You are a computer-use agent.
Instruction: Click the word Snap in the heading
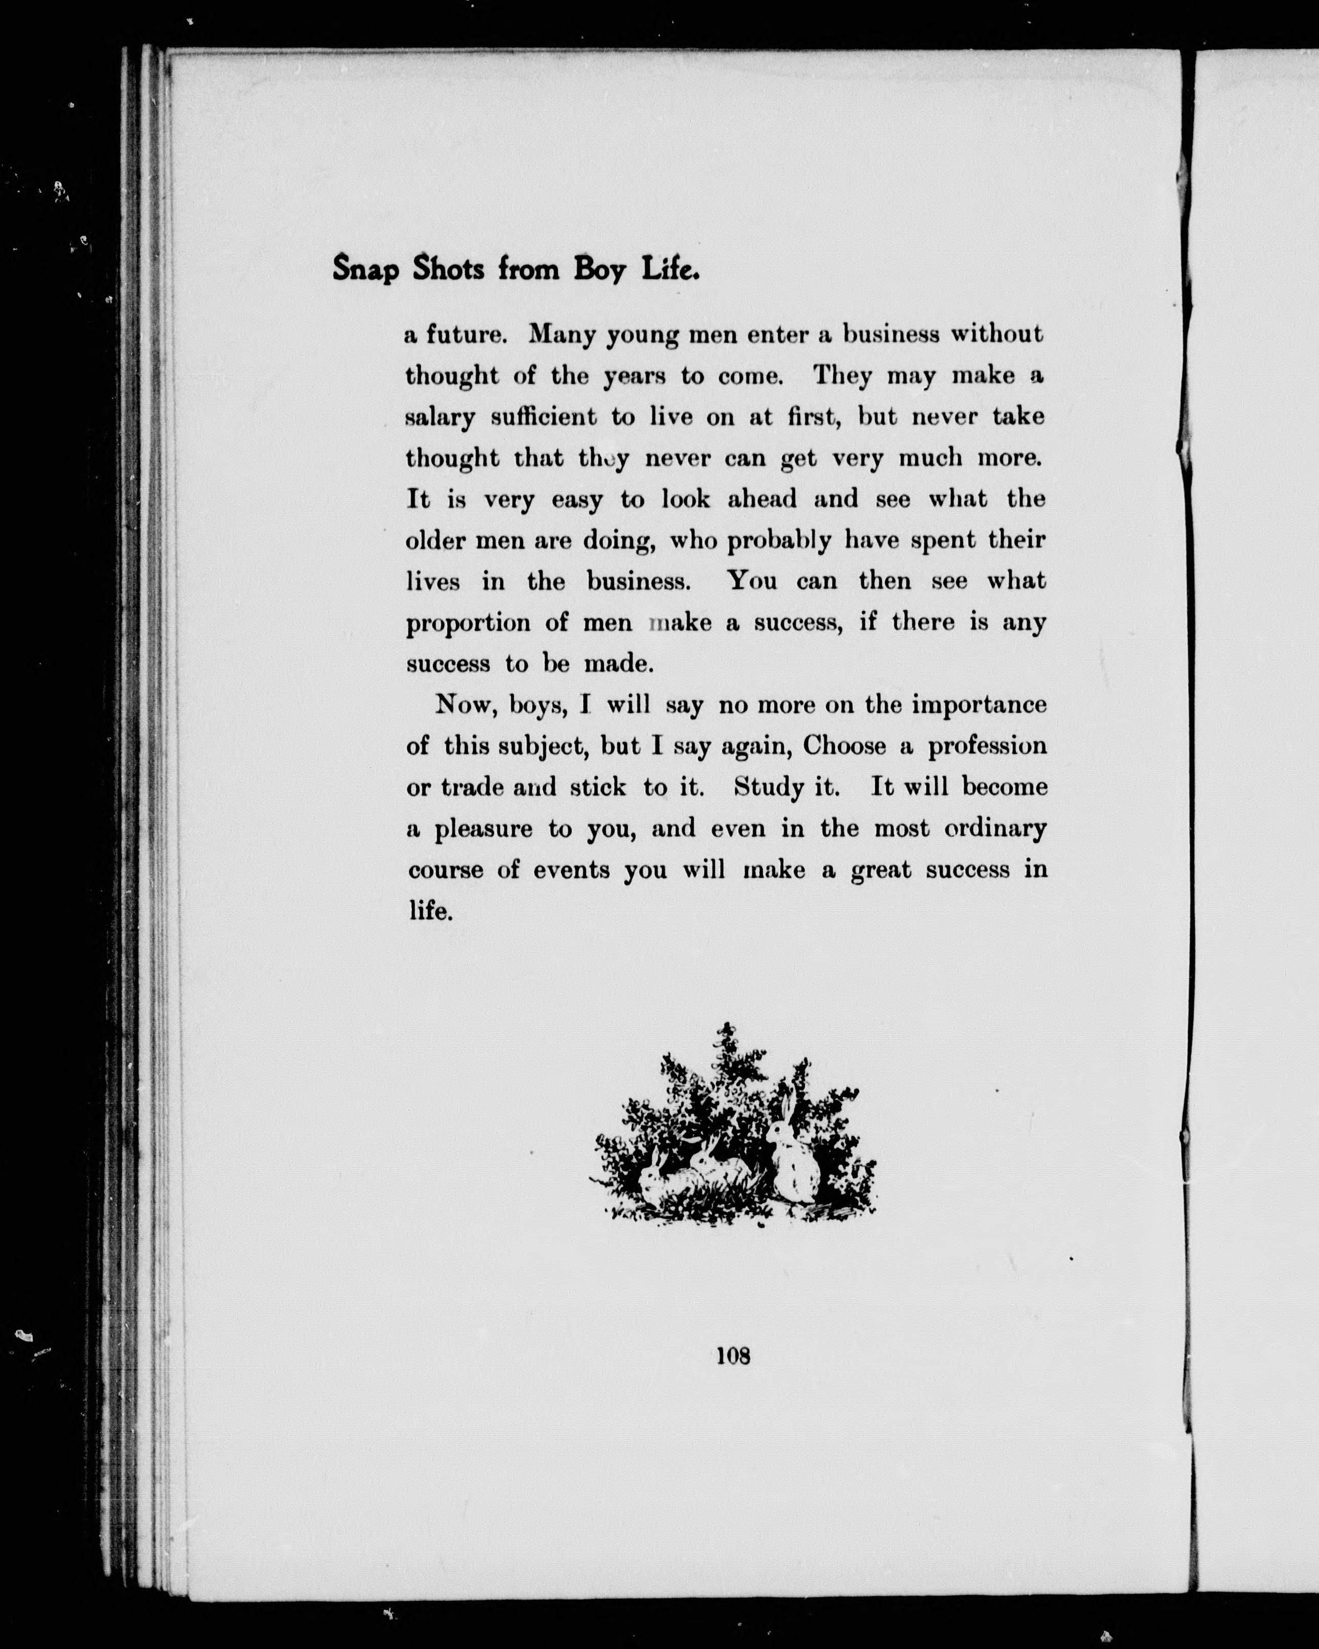366,271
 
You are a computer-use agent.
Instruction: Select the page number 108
733,1355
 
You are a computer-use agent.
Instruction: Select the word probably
779,542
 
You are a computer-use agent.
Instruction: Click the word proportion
468,624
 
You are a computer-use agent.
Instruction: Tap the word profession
987,746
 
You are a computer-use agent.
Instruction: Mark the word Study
769,787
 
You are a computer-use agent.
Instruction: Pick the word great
881,871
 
